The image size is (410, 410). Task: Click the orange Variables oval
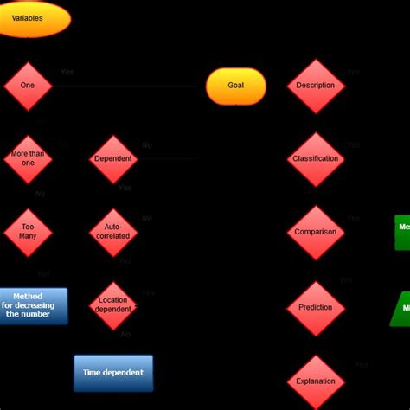pos(30,19)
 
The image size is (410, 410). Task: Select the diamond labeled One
pos(28,86)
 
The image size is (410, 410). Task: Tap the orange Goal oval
pos(236,86)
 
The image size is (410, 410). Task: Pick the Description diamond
pos(316,86)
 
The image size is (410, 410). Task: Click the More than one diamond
pos(28,159)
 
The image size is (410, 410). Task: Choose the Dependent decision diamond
pos(113,159)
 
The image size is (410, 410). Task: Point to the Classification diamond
pos(316,159)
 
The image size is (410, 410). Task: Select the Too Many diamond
pos(28,233)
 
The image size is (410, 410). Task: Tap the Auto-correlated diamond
pos(113,232)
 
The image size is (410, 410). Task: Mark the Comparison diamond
pos(316,233)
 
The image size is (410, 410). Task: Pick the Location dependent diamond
pos(113,305)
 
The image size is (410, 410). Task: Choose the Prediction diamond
pos(316,308)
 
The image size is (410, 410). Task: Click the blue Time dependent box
pos(113,373)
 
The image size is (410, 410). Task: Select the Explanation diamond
pos(316,381)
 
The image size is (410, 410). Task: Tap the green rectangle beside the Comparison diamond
pos(402,233)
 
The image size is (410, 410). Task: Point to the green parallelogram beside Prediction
pos(402,308)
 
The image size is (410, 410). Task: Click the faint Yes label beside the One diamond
pos(67,73)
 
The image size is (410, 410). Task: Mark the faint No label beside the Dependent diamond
pos(147,145)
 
